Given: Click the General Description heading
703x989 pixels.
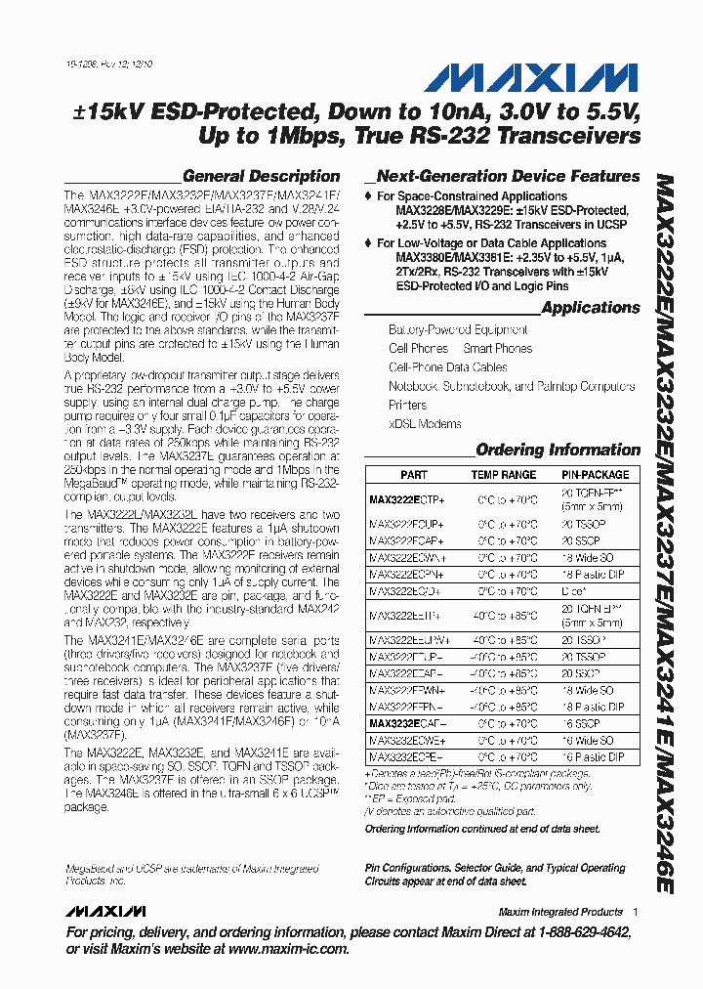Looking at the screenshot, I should (x=261, y=177).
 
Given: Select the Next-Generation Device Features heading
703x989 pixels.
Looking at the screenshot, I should (x=508, y=177).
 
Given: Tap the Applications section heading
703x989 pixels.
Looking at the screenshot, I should (x=590, y=308).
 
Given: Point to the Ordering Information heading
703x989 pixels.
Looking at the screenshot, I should (x=558, y=451).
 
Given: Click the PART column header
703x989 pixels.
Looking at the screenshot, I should (x=413, y=475).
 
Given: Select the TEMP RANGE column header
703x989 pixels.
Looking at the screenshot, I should (x=504, y=475).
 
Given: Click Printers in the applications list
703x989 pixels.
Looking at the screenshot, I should (x=407, y=405).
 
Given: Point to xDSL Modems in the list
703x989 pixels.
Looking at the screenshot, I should (x=425, y=424).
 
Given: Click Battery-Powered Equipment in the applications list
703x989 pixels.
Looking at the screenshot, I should (x=458, y=330).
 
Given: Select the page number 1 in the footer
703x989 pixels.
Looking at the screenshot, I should (x=635, y=912).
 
